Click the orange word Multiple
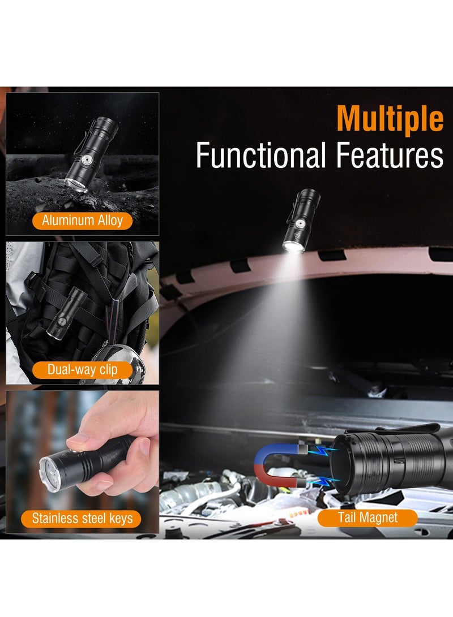(390, 119)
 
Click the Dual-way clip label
(83, 370)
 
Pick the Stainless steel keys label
(83, 517)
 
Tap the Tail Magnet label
(367, 517)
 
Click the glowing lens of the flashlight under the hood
(293, 247)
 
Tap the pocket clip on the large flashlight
(396, 428)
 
